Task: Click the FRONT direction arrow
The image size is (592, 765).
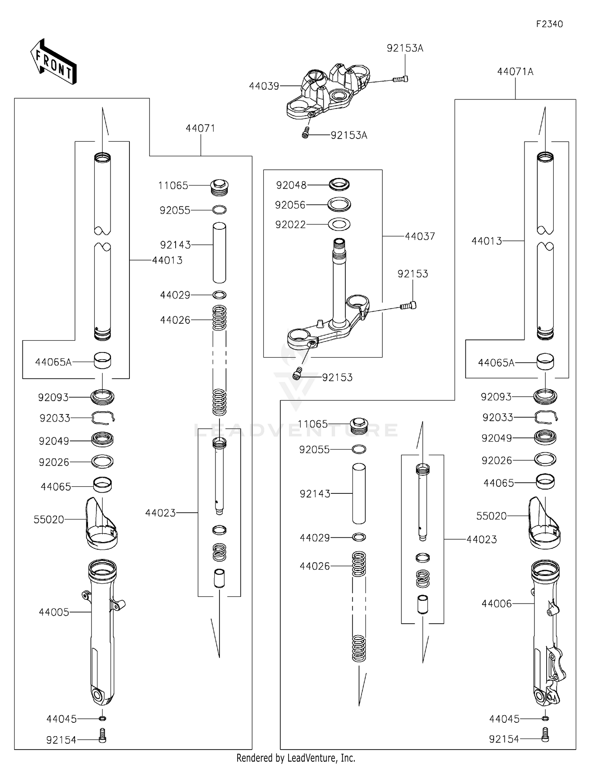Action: [x=53, y=62]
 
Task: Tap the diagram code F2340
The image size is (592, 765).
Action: [x=549, y=24]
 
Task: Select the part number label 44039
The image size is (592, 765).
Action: [x=264, y=86]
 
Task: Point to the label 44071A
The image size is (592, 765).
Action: [x=515, y=72]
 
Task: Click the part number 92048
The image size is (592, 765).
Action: [x=291, y=185]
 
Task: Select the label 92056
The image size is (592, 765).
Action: [x=290, y=205]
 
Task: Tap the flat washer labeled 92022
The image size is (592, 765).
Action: [x=339, y=225]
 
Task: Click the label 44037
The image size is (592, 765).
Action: [x=420, y=236]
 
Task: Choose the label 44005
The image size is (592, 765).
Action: [x=54, y=612]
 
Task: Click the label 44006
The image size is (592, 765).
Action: [x=496, y=604]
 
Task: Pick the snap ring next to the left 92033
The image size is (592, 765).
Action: [x=103, y=417]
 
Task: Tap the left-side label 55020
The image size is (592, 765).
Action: [x=49, y=519]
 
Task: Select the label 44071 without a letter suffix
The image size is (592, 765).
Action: [x=200, y=128]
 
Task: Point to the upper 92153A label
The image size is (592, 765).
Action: [x=405, y=48]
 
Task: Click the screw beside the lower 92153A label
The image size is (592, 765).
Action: [x=305, y=134]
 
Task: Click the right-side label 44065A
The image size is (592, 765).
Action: [x=496, y=363]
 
